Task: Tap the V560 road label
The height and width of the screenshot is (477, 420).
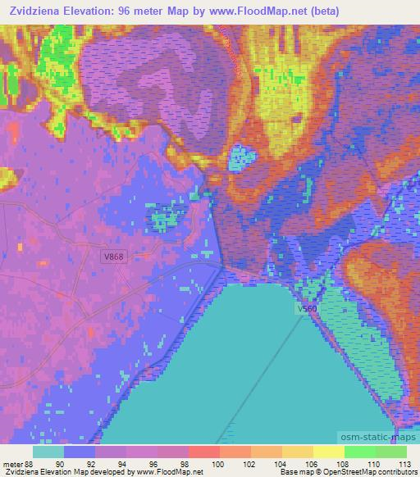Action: (x=307, y=309)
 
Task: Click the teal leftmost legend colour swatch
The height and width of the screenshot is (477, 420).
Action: (x=48, y=452)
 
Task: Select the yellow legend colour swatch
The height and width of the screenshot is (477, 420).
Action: (x=328, y=452)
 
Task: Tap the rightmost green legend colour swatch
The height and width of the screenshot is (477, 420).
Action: (x=391, y=452)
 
